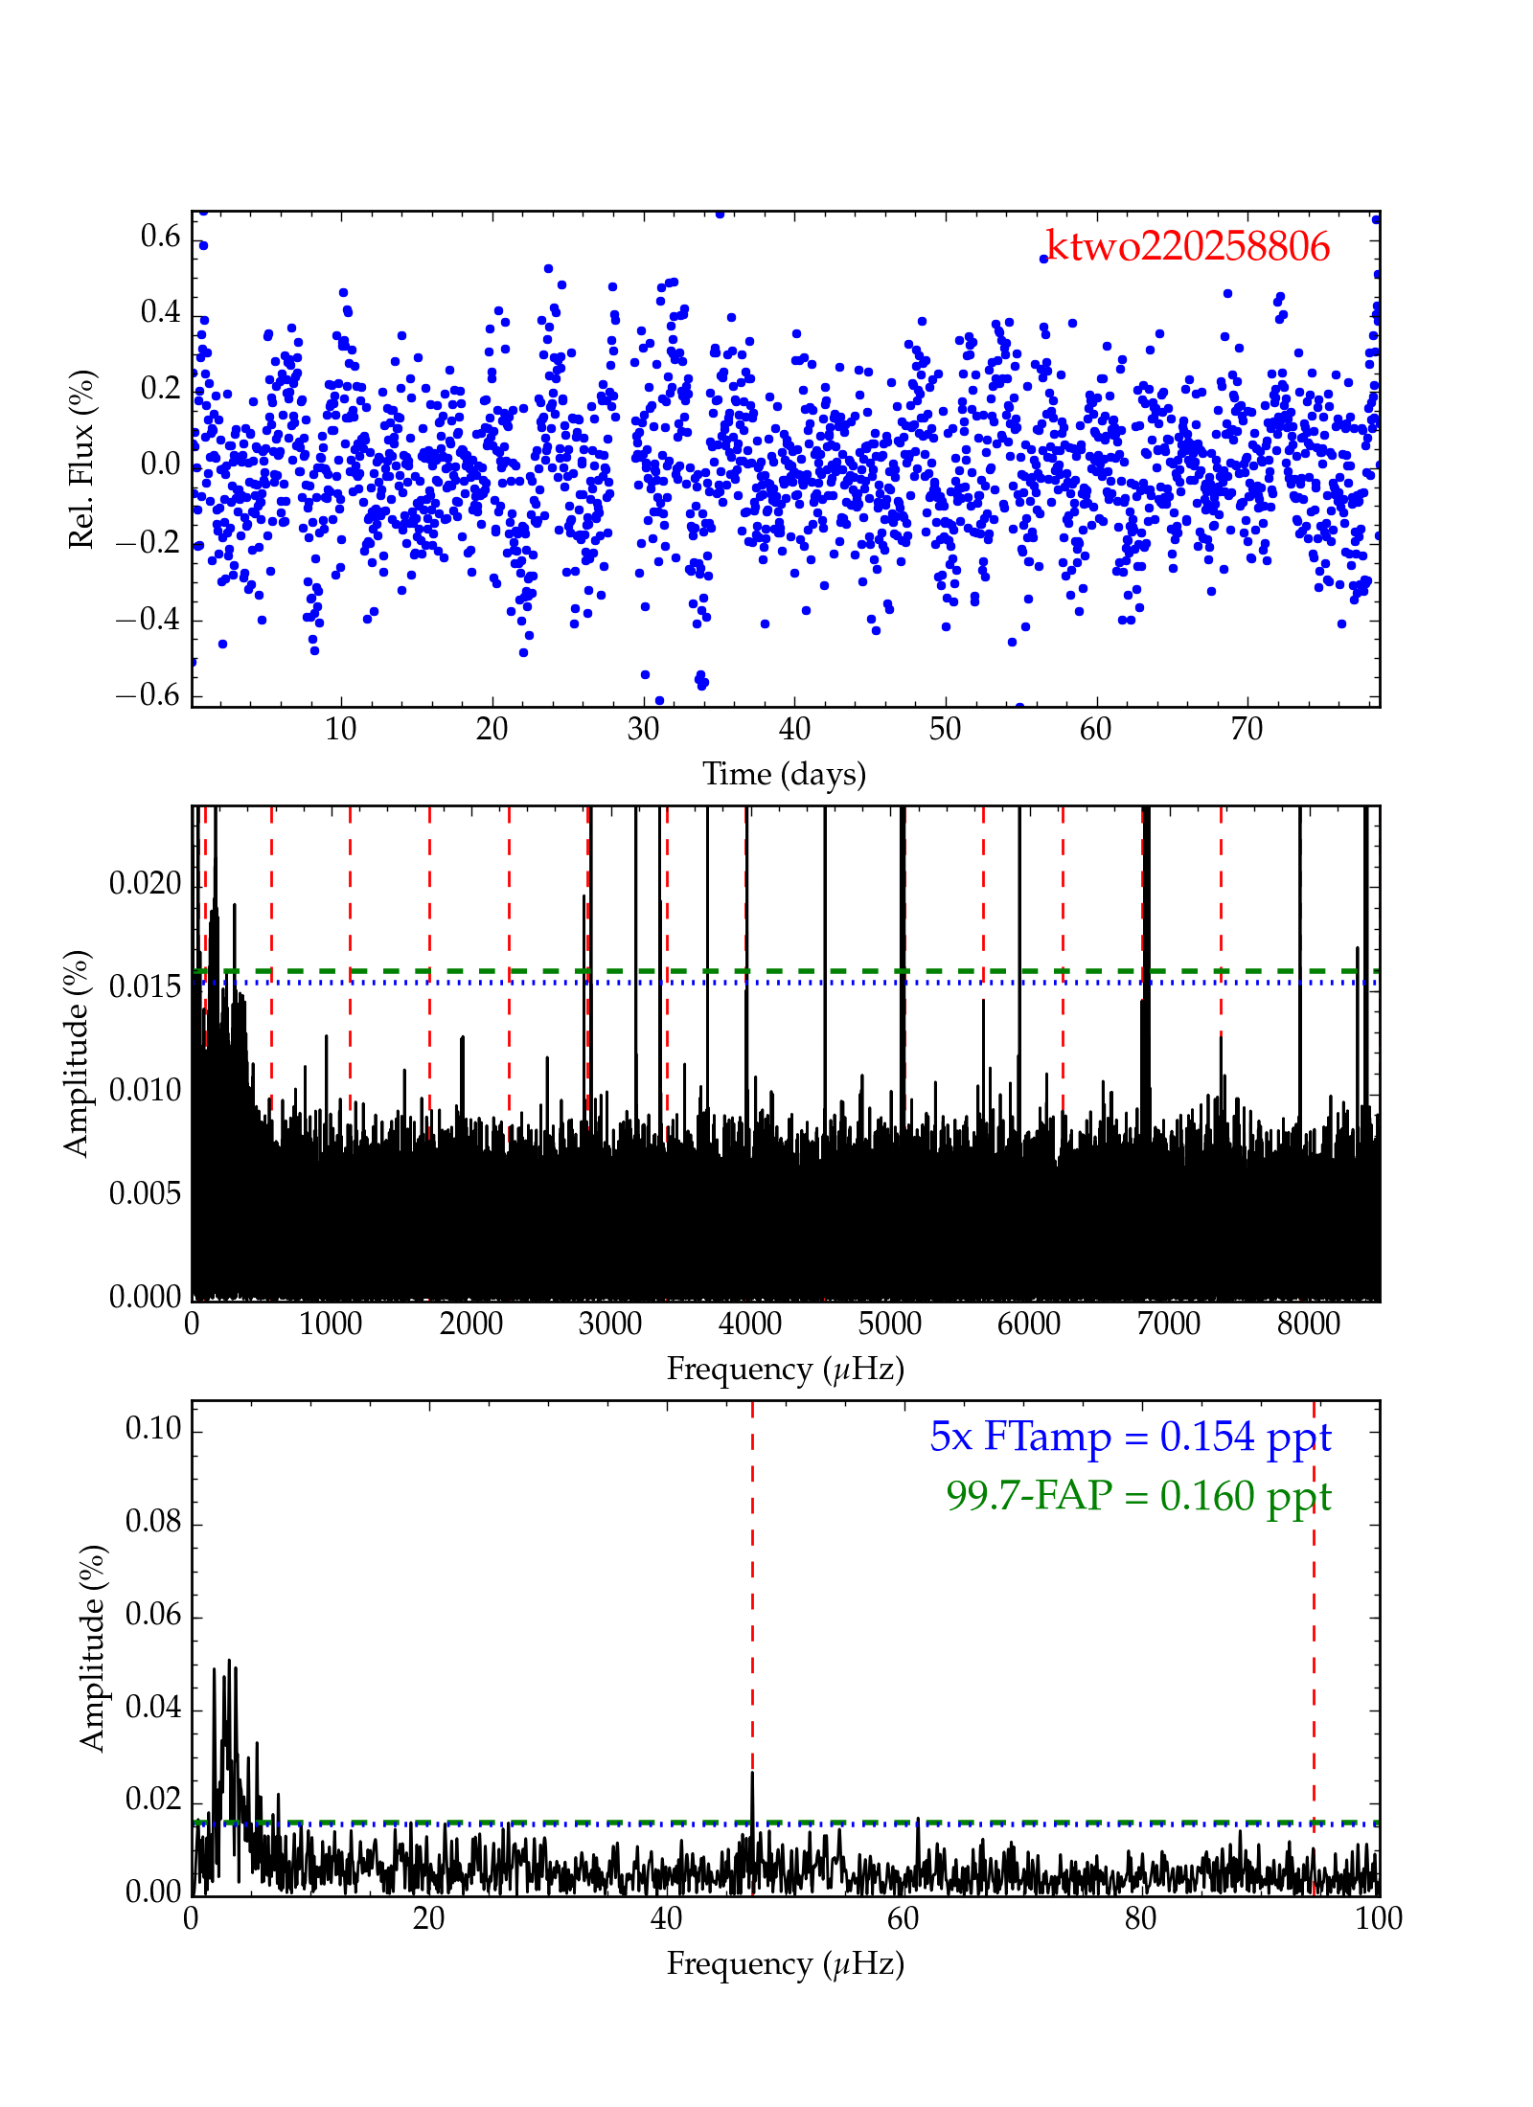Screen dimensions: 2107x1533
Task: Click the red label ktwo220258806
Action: tap(1188, 247)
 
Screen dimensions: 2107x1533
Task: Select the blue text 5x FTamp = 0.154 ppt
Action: tap(1131, 1438)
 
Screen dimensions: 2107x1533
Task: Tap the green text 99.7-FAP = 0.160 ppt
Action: tap(1138, 1496)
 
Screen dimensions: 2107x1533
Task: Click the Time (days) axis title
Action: tap(784, 774)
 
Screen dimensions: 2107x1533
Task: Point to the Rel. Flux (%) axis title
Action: tap(82, 460)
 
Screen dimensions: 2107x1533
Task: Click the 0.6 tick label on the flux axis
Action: tap(160, 237)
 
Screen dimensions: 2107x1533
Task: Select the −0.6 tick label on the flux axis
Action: tap(149, 695)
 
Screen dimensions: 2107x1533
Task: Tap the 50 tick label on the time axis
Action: tap(945, 730)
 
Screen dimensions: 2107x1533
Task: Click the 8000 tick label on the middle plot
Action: tap(1308, 1325)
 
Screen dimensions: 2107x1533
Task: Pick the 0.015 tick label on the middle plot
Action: tap(145, 986)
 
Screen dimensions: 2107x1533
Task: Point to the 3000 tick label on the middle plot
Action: tap(610, 1325)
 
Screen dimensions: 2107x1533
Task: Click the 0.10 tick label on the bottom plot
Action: tap(153, 1429)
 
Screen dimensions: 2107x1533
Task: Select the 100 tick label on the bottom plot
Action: tap(1378, 1918)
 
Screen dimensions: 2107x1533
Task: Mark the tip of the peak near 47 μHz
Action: tap(753, 1773)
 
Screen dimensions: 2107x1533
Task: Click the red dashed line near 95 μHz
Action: tap(1314, 1628)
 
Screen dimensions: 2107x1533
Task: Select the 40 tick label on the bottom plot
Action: tap(666, 1918)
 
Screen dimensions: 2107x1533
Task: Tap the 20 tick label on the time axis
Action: tap(492, 730)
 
